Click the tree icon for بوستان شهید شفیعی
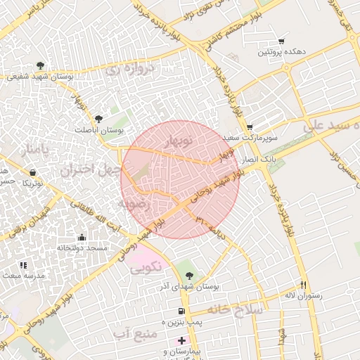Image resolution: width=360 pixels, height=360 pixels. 39,65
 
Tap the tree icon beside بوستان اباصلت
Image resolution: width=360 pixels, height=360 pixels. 98,119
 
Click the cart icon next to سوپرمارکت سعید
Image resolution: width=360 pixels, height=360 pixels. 249,127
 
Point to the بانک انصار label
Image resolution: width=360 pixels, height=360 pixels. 257,161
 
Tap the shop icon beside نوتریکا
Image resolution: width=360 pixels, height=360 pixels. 32,171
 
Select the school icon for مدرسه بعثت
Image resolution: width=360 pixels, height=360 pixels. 23,265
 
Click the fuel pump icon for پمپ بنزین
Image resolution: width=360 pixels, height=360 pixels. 181,311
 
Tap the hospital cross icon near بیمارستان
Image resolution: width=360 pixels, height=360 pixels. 181,340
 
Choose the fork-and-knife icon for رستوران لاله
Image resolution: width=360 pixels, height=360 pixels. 304,285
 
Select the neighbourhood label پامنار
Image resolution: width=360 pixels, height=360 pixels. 34,149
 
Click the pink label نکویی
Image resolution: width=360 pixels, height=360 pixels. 146,266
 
